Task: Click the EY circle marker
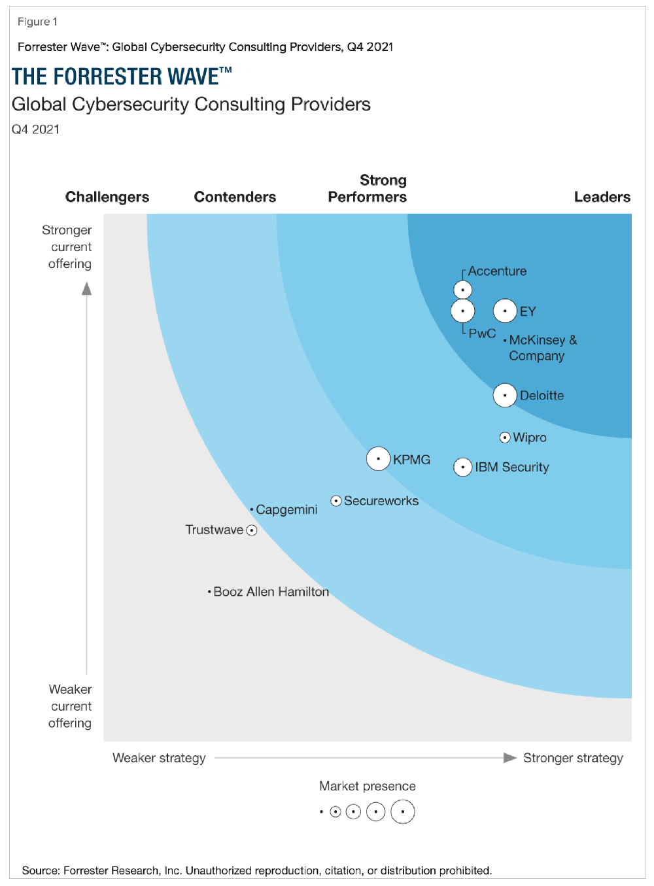coord(505,311)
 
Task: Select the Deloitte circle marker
coord(505,395)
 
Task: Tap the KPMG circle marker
coord(378,459)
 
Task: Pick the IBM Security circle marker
coord(463,467)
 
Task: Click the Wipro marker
coord(505,437)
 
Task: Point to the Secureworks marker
coord(336,501)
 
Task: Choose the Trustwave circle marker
coord(252,530)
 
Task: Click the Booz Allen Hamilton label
coord(271,592)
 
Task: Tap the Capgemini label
coord(286,509)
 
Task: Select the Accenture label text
coord(497,271)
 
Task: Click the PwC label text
coord(482,333)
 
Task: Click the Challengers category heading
coord(107,197)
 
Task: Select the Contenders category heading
coord(235,197)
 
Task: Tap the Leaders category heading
coord(602,197)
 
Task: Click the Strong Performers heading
coord(368,188)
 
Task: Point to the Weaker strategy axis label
coord(159,758)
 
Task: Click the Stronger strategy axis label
coord(573,758)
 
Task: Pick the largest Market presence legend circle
coord(403,812)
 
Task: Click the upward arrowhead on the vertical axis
coord(87,288)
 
